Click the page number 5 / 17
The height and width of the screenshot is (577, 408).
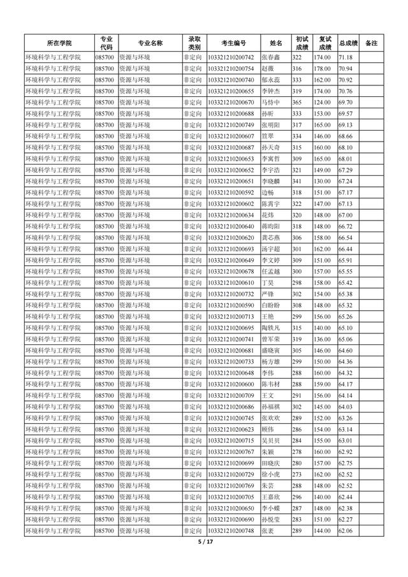click(203, 542)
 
